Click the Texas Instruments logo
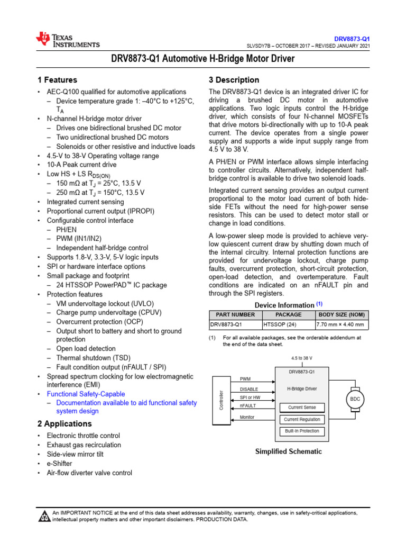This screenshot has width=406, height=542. pyautogui.click(x=67, y=40)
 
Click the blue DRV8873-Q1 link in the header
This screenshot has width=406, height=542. pyautogui.click(x=352, y=39)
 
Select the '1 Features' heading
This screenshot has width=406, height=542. pyautogui.click(x=57, y=80)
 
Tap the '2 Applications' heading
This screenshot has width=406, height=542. pyautogui.click(x=64, y=424)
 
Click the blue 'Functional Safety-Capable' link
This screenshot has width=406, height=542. pyautogui.click(x=86, y=394)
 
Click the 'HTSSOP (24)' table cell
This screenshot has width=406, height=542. pyautogui.click(x=280, y=324)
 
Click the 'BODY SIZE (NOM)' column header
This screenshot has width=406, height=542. pyautogui.click(x=342, y=314)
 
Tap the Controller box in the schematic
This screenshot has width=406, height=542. pyautogui.click(x=222, y=400)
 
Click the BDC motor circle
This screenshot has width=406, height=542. pyautogui.click(x=355, y=399)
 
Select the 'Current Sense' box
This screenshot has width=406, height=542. pyautogui.click(x=302, y=408)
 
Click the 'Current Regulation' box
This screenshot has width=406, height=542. pyautogui.click(x=302, y=419)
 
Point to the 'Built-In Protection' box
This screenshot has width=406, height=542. pyautogui.click(x=302, y=431)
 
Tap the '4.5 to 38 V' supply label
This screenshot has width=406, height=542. pyautogui.click(x=302, y=358)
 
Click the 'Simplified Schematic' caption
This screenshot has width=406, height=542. pyautogui.click(x=288, y=451)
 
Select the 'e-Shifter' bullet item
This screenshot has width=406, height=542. pyautogui.click(x=59, y=464)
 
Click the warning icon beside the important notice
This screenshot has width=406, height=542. pyautogui.click(x=44, y=516)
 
